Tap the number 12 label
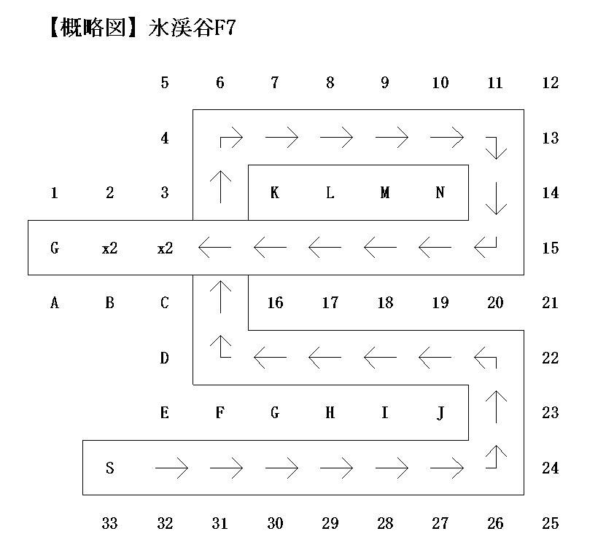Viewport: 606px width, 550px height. coord(551,83)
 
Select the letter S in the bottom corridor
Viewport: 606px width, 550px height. coord(109,468)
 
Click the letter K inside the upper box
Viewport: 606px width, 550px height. coord(274,193)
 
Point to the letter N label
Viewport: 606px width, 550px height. coord(440,193)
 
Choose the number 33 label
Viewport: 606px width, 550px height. coord(109,523)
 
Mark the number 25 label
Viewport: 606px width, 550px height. coord(551,523)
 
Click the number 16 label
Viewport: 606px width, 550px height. coord(274,303)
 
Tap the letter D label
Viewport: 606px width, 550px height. coord(164,358)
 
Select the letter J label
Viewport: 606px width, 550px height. coord(440,413)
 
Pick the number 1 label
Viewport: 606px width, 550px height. coord(54,193)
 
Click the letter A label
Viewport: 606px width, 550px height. coord(54,303)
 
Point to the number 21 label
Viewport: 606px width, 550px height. coord(551,303)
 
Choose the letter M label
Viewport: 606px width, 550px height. coord(385,193)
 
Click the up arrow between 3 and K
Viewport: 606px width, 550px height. coord(220,187)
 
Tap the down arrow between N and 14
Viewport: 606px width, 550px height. coord(496,199)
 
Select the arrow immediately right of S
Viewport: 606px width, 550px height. coord(172,466)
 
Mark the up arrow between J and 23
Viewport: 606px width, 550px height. coord(496,406)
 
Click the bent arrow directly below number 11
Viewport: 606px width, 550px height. coord(496,145)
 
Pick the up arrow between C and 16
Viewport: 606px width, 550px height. coord(220,296)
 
